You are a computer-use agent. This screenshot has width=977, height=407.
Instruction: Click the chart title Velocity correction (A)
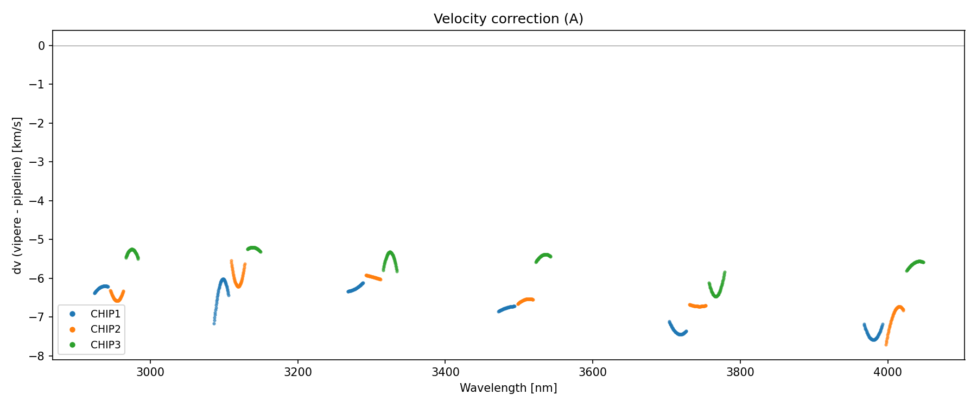[508, 19]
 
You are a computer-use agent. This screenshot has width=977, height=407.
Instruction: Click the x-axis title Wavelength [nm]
[508, 388]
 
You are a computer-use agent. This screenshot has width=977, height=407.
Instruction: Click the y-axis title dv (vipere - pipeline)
[17, 195]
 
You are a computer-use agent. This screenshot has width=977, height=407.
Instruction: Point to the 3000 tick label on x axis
[150, 372]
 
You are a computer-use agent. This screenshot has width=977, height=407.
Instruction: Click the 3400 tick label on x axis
[445, 372]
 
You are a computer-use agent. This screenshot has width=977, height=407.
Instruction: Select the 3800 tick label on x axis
[740, 372]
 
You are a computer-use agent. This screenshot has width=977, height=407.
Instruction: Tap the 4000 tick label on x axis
[887, 372]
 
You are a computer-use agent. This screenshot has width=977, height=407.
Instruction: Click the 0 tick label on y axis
[42, 46]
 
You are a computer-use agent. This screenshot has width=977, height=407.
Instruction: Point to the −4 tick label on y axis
[38, 201]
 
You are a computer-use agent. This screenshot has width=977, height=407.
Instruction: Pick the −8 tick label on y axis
[38, 357]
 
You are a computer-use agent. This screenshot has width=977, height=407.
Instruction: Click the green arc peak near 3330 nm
[390, 252]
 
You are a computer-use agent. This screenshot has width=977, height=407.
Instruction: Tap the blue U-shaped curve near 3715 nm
[680, 334]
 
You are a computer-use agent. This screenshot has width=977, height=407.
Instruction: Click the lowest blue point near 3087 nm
[214, 323]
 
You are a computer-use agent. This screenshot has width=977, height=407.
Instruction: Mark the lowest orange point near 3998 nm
[886, 345]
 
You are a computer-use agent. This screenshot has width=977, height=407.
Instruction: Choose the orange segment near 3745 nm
[699, 306]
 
